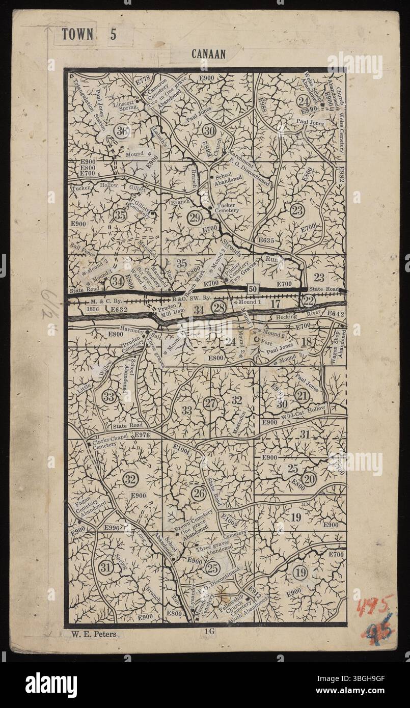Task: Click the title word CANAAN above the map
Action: point(209,52)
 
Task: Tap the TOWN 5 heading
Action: point(89,35)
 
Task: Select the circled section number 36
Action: point(122,131)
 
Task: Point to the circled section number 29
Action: point(194,219)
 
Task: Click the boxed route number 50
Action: point(253,289)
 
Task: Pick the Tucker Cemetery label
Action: point(227,208)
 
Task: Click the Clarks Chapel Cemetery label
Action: point(109,441)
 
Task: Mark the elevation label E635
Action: point(266,240)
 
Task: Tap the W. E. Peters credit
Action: point(91,634)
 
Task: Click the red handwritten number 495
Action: point(374,607)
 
